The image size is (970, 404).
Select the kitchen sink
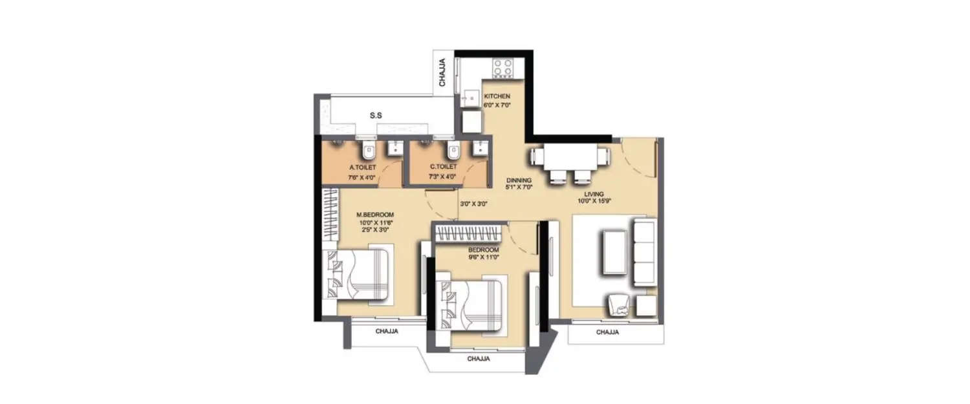(468, 98)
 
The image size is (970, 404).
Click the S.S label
(376, 116)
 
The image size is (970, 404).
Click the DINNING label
(519, 180)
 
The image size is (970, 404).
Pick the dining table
(569, 157)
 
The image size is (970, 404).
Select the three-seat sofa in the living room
(643, 252)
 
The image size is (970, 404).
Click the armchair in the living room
(620, 305)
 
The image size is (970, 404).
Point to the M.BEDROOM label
(375, 214)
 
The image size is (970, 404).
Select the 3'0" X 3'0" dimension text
(473, 203)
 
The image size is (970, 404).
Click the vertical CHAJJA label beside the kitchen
(443, 72)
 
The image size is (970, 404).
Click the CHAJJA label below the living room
(607, 332)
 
